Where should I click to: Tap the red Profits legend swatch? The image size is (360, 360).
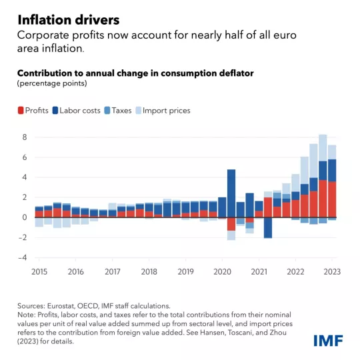(x=20, y=111)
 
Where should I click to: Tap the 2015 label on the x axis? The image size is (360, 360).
(x=40, y=271)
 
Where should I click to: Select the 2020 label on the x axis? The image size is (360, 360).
(x=221, y=271)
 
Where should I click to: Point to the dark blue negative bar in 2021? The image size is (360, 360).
(x=267, y=227)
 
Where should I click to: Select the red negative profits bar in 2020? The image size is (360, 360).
(x=231, y=224)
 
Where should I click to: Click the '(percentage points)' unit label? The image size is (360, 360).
(x=51, y=83)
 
